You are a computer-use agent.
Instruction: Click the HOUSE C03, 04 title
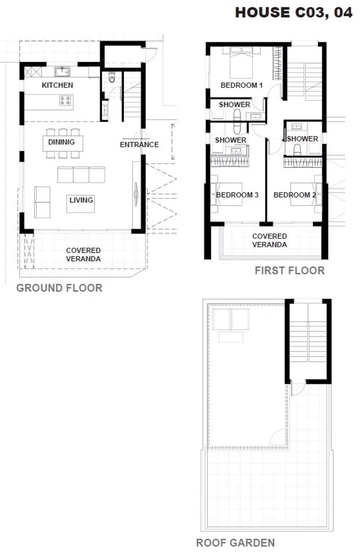293,13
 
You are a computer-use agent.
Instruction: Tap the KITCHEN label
57,85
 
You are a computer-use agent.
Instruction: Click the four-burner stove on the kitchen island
65,100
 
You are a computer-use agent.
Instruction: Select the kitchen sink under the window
62,72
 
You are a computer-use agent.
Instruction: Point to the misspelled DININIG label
61,142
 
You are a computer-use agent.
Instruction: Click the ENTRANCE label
139,144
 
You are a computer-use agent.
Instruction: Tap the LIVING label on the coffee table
81,200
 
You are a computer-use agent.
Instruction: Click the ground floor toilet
112,77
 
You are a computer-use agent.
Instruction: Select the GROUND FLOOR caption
59,288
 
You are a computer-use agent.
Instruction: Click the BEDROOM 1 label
242,85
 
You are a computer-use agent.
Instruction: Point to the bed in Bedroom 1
241,63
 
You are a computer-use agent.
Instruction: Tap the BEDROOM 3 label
237,195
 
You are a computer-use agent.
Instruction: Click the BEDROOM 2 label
295,195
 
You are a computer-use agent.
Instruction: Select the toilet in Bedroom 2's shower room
297,150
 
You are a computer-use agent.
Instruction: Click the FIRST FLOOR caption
290,270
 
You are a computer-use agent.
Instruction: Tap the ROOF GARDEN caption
235,543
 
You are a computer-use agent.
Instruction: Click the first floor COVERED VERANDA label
270,240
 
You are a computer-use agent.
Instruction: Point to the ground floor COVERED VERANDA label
83,255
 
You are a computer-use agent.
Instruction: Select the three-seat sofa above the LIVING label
81,175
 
